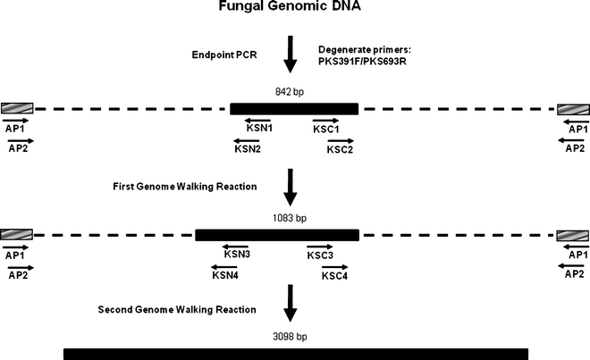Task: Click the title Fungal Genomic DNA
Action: pos(295,8)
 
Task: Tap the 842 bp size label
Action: pos(294,91)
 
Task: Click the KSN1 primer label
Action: pos(259,129)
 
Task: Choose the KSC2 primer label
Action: pos(340,149)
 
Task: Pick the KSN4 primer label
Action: pos(225,276)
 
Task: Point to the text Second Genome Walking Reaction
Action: pos(177,310)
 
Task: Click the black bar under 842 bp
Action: pos(294,108)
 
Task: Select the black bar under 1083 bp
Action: pos(277,235)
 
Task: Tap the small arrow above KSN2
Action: pos(248,139)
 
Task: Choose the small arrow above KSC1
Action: pos(325,119)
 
